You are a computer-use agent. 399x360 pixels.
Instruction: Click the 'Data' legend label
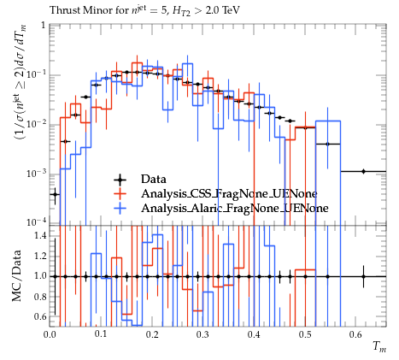tap(153, 180)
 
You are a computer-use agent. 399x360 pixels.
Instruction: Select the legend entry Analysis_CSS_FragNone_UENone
tap(229, 194)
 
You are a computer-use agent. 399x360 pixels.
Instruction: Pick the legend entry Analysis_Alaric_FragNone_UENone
tap(235, 208)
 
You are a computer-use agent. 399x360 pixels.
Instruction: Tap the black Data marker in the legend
tap(120, 180)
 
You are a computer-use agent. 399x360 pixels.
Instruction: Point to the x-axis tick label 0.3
tap(202, 334)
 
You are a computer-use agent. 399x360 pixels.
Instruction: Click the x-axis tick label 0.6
tap(355, 334)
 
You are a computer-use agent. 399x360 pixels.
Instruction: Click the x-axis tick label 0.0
tap(50, 334)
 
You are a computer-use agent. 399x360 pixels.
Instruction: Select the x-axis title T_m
tap(379, 347)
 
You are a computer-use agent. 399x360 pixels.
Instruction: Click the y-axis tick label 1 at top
tap(44, 26)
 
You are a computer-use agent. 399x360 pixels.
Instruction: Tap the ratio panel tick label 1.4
tap(40, 235)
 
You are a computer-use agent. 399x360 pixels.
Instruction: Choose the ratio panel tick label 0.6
tap(40, 316)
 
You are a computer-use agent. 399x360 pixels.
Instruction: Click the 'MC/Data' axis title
tap(17, 275)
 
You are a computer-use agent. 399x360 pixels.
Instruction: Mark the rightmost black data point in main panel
tap(363, 171)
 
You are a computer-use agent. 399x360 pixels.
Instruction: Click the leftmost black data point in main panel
tap(55, 195)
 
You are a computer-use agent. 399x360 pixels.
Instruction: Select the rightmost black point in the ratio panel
tap(363, 276)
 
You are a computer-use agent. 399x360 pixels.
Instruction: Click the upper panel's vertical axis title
tap(21, 82)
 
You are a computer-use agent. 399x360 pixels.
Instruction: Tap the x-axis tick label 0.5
tap(305, 334)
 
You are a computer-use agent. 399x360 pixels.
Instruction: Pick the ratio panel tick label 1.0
tap(40, 276)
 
